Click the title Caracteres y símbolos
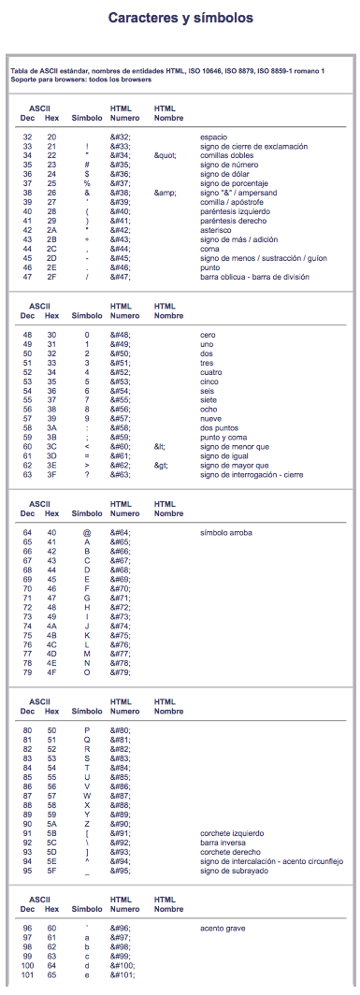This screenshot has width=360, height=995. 180,18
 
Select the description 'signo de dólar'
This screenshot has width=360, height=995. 225,173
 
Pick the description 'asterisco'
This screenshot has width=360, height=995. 216,228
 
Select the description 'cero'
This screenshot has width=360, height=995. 209,334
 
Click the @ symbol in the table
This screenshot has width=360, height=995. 87,532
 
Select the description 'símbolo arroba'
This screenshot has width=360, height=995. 226,532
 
